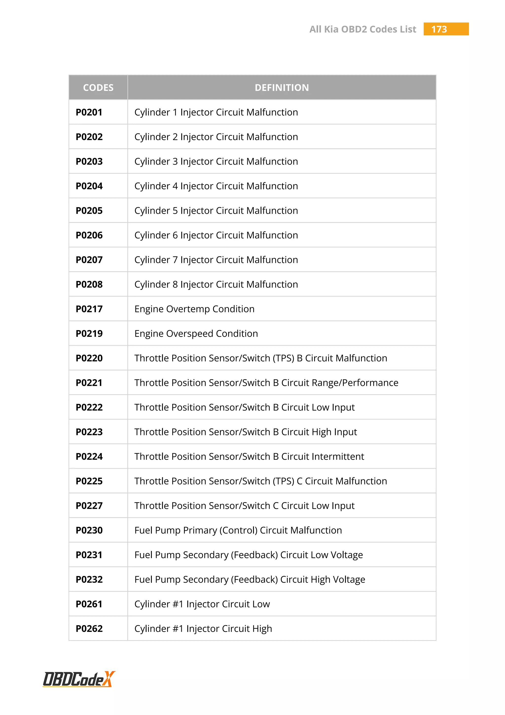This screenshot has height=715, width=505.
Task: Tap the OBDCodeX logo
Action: click(x=79, y=679)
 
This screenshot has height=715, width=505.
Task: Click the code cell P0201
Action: click(x=89, y=112)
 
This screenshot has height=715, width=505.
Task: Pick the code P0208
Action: click(x=89, y=285)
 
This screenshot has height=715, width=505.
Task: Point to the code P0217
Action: click(x=89, y=309)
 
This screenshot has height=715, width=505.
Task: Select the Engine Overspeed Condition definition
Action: click(x=196, y=334)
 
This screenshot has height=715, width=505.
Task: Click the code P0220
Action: click(x=89, y=358)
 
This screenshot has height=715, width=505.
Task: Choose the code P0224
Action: click(x=89, y=457)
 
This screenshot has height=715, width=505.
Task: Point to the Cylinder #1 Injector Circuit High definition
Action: click(x=203, y=629)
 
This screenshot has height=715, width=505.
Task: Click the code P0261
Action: click(x=89, y=604)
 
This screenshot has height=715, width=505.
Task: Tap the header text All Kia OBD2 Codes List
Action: click(x=362, y=29)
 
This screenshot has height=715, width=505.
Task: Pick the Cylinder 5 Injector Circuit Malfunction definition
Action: click(x=216, y=211)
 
